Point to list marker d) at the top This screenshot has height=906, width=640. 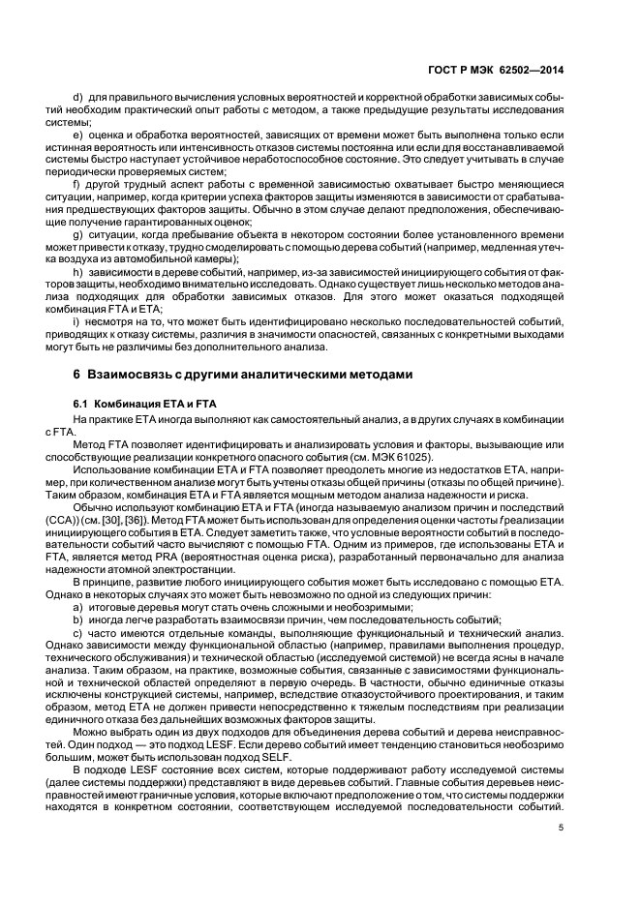[x=78, y=101]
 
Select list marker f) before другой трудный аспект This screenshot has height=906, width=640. [x=77, y=184]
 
